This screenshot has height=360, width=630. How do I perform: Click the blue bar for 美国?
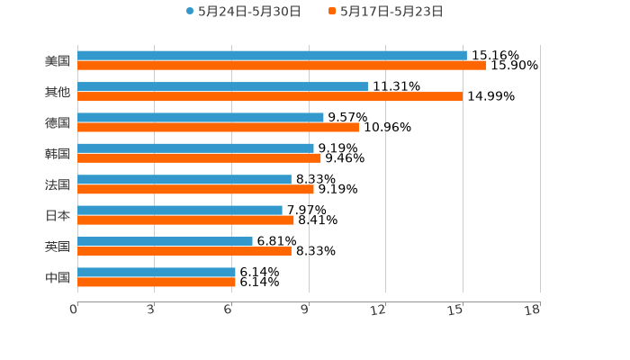click(x=272, y=56)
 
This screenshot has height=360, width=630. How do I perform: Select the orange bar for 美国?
click(x=282, y=66)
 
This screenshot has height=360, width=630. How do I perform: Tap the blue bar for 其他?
click(x=222, y=86)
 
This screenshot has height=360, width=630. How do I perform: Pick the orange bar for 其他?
click(x=270, y=96)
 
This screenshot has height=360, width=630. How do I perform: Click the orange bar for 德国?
click(x=218, y=127)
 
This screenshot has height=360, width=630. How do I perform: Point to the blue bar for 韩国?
click(x=195, y=148)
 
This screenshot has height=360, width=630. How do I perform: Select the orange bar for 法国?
click(x=195, y=189)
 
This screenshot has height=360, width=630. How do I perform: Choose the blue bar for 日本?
click(x=180, y=210)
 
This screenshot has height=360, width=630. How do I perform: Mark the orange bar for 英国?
click(x=184, y=251)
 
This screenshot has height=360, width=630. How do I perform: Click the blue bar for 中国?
click(x=157, y=272)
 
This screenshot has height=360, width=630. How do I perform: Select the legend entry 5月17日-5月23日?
click(x=391, y=12)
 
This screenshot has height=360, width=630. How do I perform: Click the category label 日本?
click(x=58, y=215)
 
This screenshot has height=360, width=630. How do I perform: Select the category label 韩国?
click(x=58, y=153)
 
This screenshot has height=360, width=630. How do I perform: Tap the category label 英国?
click(x=58, y=247)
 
